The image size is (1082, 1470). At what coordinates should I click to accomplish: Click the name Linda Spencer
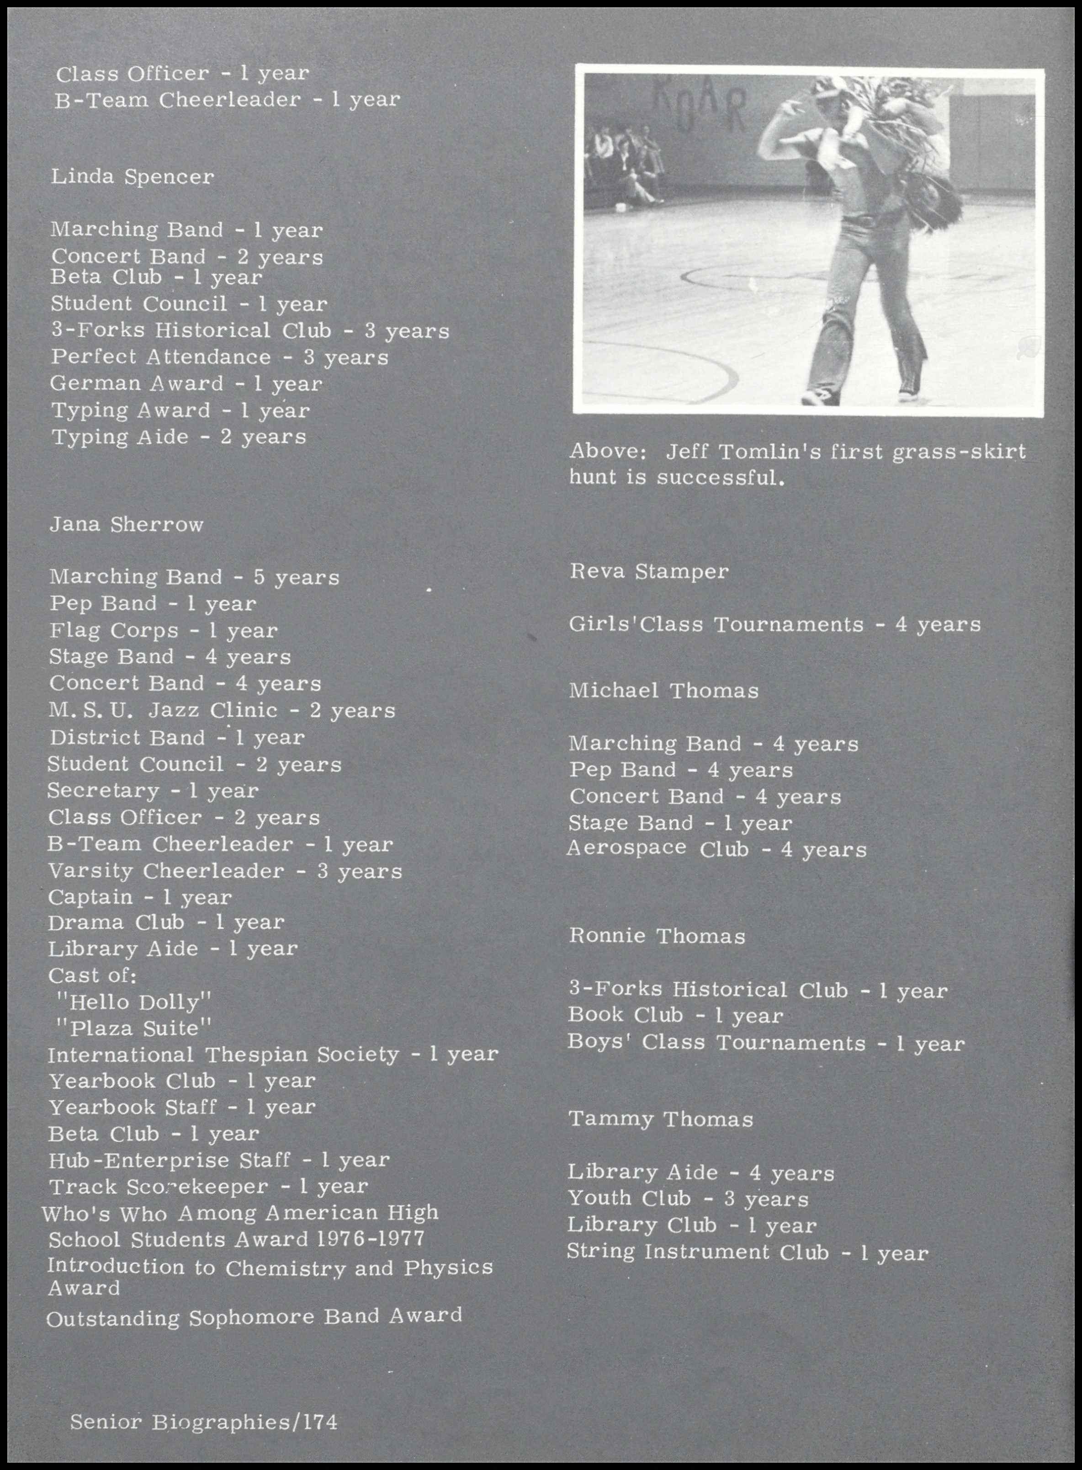[133, 177]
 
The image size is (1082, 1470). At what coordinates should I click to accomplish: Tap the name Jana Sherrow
[127, 525]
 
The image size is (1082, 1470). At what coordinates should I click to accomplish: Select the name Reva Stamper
[648, 572]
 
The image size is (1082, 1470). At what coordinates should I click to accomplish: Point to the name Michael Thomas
[663, 691]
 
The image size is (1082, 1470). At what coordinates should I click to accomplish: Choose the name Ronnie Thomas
[657, 936]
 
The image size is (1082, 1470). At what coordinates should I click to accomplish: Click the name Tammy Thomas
[660, 1119]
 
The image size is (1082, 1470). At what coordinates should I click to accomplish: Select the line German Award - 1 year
[187, 384]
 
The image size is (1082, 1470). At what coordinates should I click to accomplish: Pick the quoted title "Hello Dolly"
[133, 1002]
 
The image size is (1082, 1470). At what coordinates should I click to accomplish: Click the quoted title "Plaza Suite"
[133, 1028]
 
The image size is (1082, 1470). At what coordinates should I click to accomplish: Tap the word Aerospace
[626, 849]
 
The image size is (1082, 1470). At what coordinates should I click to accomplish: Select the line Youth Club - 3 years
[688, 1199]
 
